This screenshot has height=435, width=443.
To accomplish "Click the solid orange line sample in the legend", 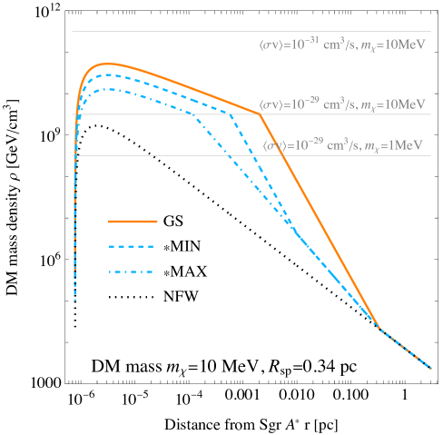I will tap(133, 221).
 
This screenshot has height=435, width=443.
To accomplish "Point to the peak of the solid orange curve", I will tap(107, 64).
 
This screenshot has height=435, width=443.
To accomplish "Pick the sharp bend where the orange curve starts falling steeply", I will tap(261, 114).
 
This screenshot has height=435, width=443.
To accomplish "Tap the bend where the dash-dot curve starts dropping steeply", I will tap(195, 114).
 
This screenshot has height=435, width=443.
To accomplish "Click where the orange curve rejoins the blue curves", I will tap(378, 327).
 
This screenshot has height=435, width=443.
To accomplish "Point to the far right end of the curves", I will tap(431, 369).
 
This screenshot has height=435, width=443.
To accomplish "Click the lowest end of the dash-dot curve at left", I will tap(74, 298).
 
